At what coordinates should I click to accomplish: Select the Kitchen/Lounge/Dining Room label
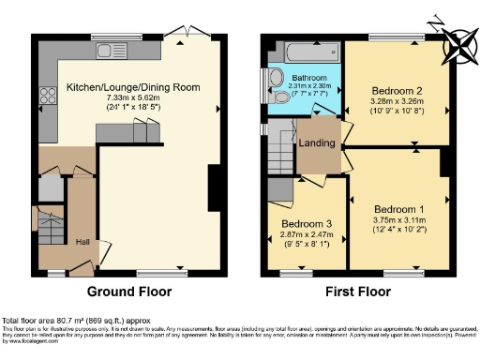point(133,87)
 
